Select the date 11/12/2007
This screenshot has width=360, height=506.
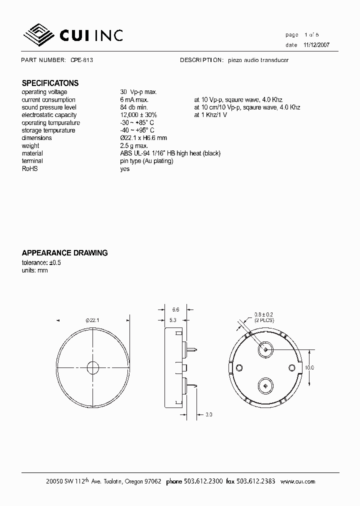[316, 44]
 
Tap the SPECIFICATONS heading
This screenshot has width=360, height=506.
[50, 83]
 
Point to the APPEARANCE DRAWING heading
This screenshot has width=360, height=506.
[64, 253]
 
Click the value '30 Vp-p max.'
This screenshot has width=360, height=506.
[138, 92]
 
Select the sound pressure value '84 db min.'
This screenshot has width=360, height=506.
[134, 107]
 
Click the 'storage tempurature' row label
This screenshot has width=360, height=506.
[48, 130]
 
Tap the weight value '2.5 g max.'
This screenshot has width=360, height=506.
[134, 146]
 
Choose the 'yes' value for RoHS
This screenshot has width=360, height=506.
[125, 169]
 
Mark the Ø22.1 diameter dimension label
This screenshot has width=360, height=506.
[93, 320]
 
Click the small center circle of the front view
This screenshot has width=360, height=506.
[93, 367]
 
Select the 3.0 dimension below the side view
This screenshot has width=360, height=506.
[209, 414]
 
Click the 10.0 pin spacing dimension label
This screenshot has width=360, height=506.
[309, 367]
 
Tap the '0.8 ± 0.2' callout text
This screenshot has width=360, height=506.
[263, 313]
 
